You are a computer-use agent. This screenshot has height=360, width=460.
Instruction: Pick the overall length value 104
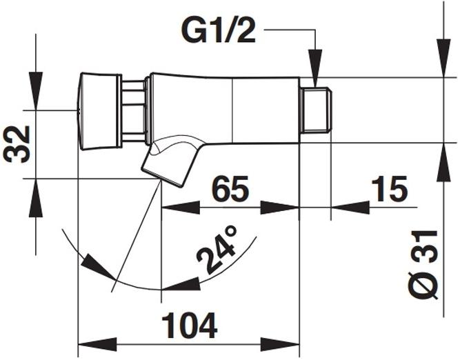tap(188, 324)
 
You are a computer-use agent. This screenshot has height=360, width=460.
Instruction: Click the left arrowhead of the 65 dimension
tap(172, 206)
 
